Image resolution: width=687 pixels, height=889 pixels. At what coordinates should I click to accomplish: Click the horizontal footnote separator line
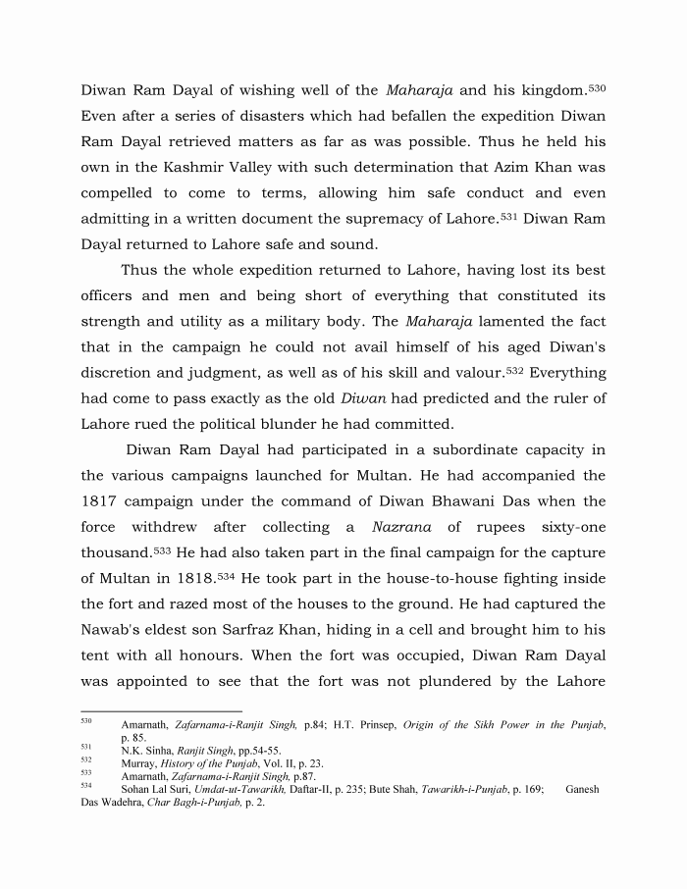161,711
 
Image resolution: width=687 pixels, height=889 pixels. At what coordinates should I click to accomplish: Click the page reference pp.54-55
238,750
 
